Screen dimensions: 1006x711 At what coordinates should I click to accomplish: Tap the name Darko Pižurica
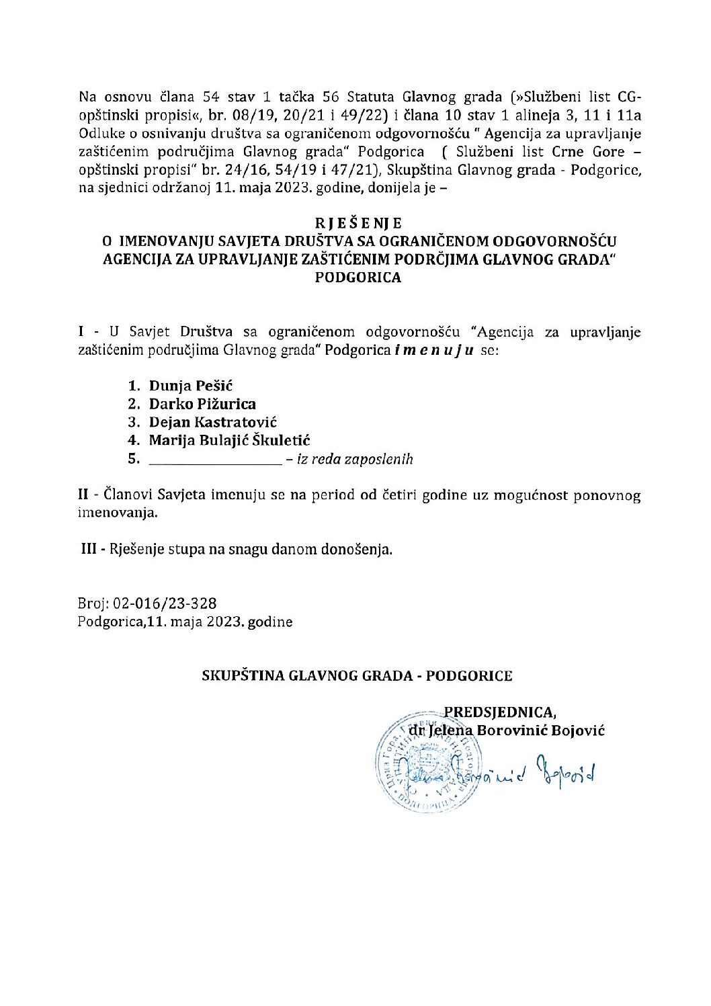202,405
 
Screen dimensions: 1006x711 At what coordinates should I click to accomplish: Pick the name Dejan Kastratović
213,423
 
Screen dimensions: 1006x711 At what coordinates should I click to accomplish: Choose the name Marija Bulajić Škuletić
229,441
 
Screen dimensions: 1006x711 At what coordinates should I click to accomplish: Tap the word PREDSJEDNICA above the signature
501,712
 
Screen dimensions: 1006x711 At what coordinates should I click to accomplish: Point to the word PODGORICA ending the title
358,277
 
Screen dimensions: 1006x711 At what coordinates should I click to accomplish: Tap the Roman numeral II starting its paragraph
83,496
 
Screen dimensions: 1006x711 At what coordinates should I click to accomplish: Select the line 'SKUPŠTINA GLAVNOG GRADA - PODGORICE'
358,676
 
